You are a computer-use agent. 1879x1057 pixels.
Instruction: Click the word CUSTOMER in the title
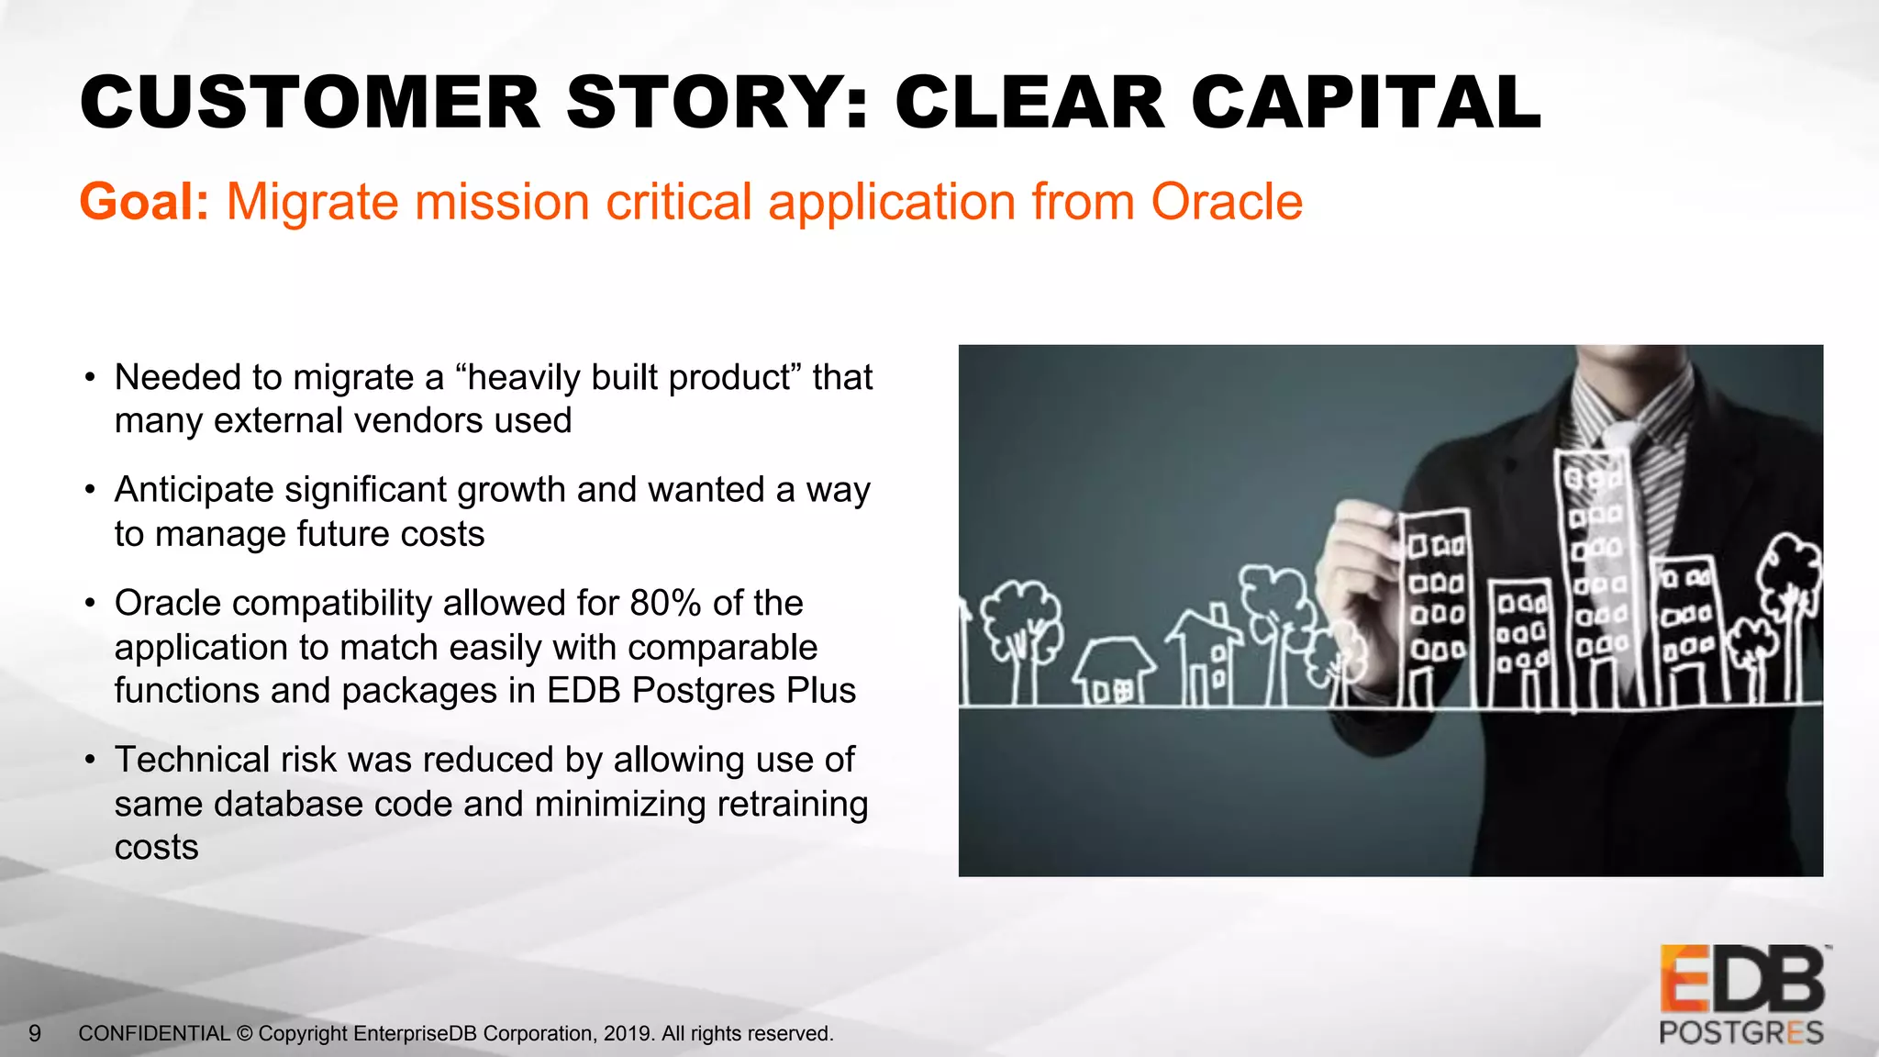click(x=310, y=102)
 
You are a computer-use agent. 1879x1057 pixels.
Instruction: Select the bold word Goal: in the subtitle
click(x=145, y=202)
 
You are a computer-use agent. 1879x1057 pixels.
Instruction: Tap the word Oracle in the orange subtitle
click(x=1227, y=202)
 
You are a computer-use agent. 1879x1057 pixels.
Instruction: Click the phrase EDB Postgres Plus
click(x=701, y=691)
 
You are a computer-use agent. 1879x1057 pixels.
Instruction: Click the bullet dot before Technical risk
click(x=89, y=761)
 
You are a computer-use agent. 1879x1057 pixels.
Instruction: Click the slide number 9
click(x=35, y=1034)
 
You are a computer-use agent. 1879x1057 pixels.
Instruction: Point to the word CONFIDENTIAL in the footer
click(x=154, y=1034)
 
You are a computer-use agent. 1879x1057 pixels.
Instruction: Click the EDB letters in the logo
click(x=1740, y=980)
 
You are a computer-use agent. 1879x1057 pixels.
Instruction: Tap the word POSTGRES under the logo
click(x=1740, y=1033)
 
